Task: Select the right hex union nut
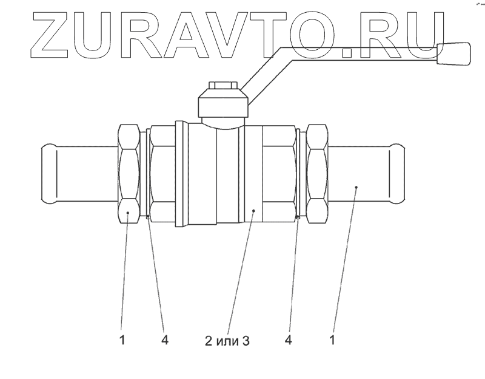(317, 174)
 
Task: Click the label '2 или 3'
(227, 341)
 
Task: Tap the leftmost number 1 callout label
(122, 341)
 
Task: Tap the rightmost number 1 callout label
(332, 341)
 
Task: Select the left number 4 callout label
(164, 341)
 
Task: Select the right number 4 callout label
(289, 341)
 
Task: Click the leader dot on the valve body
(254, 210)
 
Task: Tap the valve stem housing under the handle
(222, 106)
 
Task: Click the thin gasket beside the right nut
(298, 174)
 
